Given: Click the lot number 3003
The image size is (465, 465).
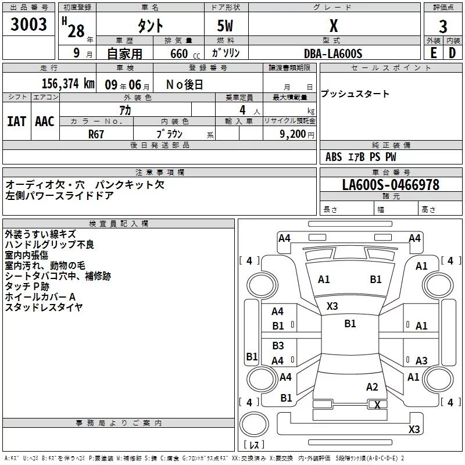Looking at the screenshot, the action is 28,24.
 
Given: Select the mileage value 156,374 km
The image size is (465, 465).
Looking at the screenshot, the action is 68,84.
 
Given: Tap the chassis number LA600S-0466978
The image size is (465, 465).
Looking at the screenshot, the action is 391,185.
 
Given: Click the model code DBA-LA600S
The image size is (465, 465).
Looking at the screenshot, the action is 333,53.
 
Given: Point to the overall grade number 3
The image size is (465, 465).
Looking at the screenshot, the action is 443,27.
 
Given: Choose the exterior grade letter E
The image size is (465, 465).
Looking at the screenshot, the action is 434,53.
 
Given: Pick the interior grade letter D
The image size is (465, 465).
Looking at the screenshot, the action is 452,53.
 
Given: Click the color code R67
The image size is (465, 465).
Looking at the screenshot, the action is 96,134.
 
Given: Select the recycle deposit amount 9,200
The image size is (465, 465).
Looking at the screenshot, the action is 292,134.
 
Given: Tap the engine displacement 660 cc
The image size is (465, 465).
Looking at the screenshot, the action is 185,54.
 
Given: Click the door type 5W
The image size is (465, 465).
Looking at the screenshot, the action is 225,26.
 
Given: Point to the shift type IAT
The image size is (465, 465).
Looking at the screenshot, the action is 17,121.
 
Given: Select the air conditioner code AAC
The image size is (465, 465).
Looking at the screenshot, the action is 45,121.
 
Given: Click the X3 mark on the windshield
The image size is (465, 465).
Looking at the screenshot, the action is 332,306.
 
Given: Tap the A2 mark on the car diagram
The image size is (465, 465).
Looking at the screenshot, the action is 372,387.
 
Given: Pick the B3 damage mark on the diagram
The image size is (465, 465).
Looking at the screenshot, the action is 278,345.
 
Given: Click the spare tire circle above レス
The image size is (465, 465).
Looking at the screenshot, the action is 254,424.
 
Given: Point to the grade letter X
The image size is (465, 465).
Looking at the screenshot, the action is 334,26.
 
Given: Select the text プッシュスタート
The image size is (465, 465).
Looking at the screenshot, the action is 355,94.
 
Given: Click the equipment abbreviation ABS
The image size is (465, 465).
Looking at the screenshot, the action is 334,157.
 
